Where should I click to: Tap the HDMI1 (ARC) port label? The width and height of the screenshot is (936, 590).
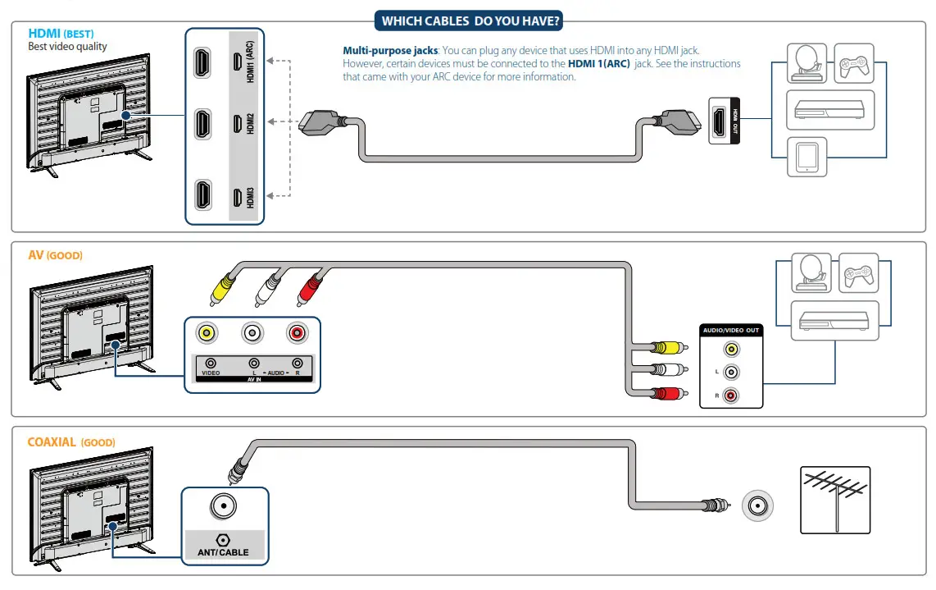[250, 61]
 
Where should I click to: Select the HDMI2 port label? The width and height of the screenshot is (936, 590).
[250, 124]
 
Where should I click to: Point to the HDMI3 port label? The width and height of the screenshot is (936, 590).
[250, 197]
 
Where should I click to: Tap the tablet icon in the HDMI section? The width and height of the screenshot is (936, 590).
[807, 156]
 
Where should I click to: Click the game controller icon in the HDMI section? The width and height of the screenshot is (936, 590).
[855, 63]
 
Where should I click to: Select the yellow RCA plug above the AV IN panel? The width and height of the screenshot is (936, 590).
[221, 288]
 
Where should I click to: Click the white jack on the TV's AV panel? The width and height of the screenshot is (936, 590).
[252, 333]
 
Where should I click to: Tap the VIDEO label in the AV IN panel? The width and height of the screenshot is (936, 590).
[211, 373]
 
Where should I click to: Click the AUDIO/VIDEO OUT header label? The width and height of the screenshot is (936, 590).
[731, 330]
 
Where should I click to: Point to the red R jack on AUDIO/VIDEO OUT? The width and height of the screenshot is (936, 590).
[730, 396]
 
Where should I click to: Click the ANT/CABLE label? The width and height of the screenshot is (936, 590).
[222, 552]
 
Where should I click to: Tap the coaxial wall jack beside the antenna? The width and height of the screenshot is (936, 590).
[757, 506]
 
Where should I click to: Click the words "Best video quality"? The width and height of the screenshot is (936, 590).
[67, 47]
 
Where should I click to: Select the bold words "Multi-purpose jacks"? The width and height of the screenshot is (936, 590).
[389, 51]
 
